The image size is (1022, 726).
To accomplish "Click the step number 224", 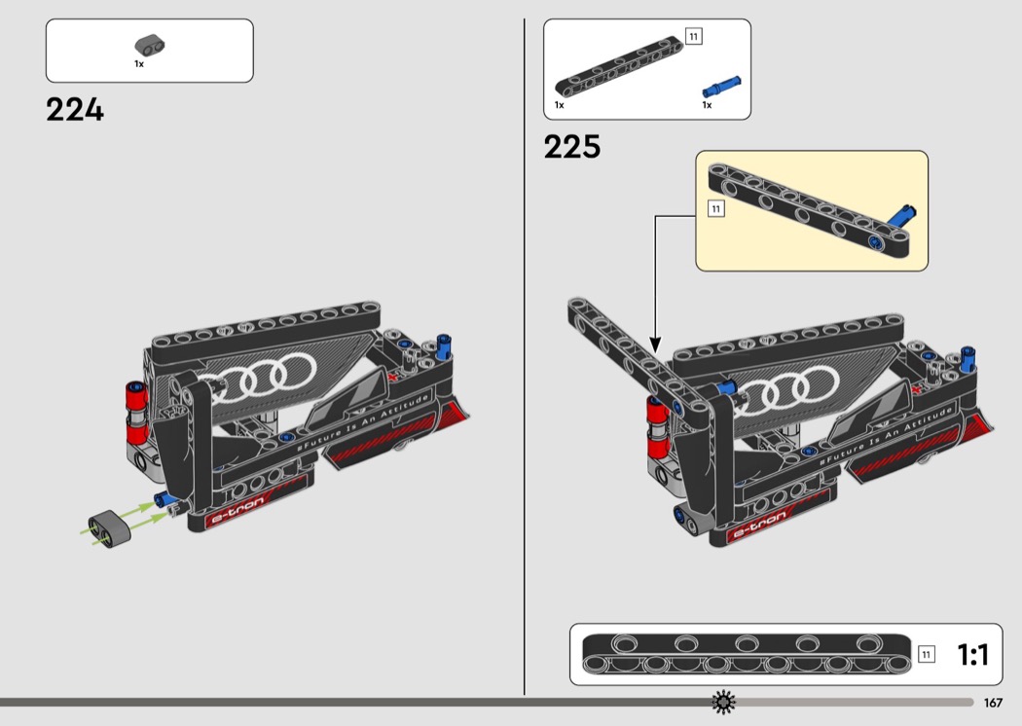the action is tap(75, 110).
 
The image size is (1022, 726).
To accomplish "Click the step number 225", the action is tap(572, 147).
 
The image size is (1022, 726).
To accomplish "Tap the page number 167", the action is tap(993, 703).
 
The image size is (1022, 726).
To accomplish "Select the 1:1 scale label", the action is tap(972, 654).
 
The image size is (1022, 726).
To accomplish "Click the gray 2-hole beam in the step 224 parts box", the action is tap(150, 45).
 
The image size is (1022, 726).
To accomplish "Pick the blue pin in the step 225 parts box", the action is tap(721, 87).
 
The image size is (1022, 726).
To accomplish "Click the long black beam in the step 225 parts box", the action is tap(618, 66).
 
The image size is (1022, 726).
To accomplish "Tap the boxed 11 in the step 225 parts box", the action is tap(693, 37).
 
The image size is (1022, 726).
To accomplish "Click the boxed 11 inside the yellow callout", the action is tap(716, 208).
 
